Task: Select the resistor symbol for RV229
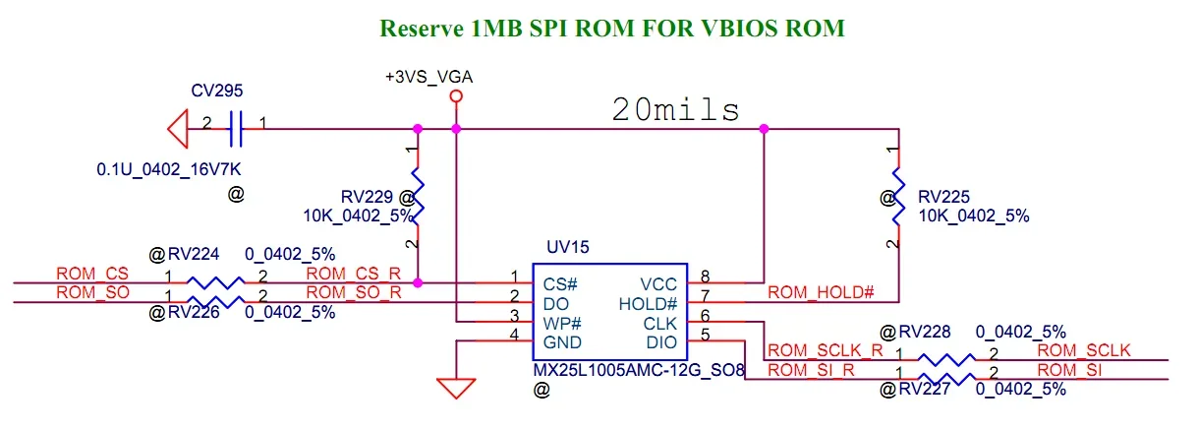point(418,195)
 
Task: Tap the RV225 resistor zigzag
point(897,195)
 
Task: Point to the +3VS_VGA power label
point(424,76)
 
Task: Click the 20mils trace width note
point(676,109)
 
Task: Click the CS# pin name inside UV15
point(560,283)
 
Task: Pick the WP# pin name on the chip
point(562,323)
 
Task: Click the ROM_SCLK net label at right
point(1084,350)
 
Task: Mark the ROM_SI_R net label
point(812,371)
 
